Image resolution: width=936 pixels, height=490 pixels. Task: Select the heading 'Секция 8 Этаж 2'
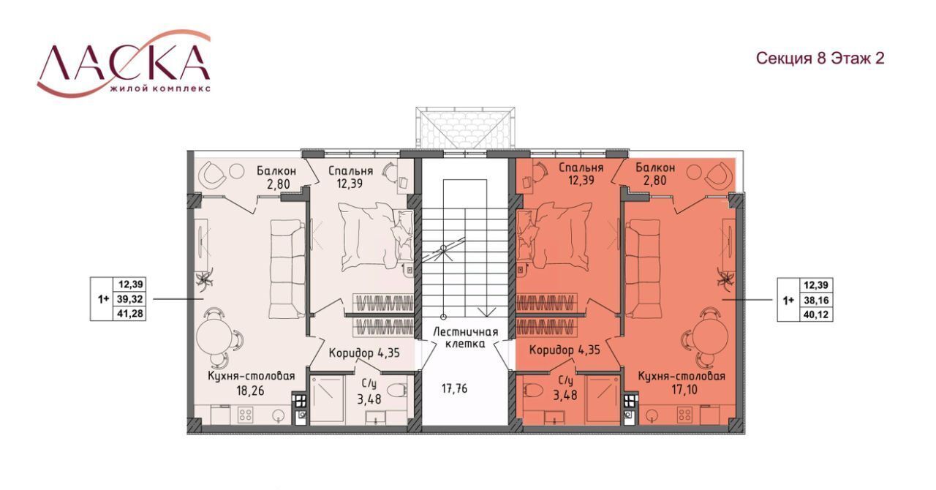coord(820,58)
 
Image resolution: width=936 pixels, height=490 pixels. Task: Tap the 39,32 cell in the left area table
coord(131,299)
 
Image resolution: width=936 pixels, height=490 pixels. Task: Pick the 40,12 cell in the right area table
coord(816,314)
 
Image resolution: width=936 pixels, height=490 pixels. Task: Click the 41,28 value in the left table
coord(131,313)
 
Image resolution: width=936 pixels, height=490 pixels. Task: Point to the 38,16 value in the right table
coord(816,300)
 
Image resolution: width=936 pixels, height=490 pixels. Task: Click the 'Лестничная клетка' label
coord(466,338)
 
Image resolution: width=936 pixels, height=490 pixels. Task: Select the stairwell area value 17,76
coord(455,389)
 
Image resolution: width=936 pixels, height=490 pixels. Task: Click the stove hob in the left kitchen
coord(244,415)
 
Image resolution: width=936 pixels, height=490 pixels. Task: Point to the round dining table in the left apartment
coord(212,338)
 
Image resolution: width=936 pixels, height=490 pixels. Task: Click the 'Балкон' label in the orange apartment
coord(655,167)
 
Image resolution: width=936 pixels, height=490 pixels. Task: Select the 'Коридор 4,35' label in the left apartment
coord(364,353)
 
